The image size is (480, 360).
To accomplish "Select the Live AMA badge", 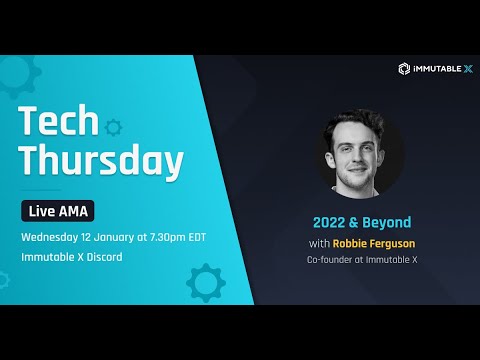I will pos(60,211).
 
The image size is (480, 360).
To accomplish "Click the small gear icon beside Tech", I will pos(112,127).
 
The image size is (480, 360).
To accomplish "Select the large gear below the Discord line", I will pos(206,283).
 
